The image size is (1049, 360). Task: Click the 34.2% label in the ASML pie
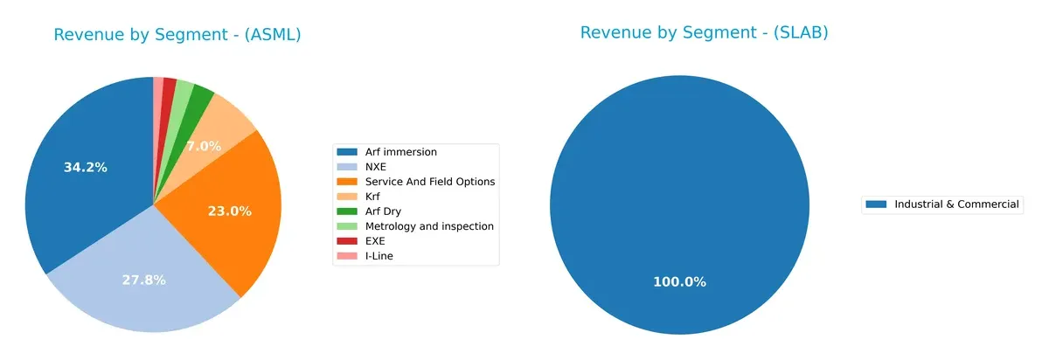(x=86, y=167)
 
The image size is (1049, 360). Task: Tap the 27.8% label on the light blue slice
(x=144, y=280)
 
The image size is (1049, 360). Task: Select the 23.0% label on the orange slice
(x=230, y=211)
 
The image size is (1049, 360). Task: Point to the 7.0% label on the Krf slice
(x=203, y=146)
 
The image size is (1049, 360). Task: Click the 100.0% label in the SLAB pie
(x=679, y=281)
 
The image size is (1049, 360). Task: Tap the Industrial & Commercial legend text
(x=956, y=204)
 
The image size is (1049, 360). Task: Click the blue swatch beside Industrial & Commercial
(x=875, y=204)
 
